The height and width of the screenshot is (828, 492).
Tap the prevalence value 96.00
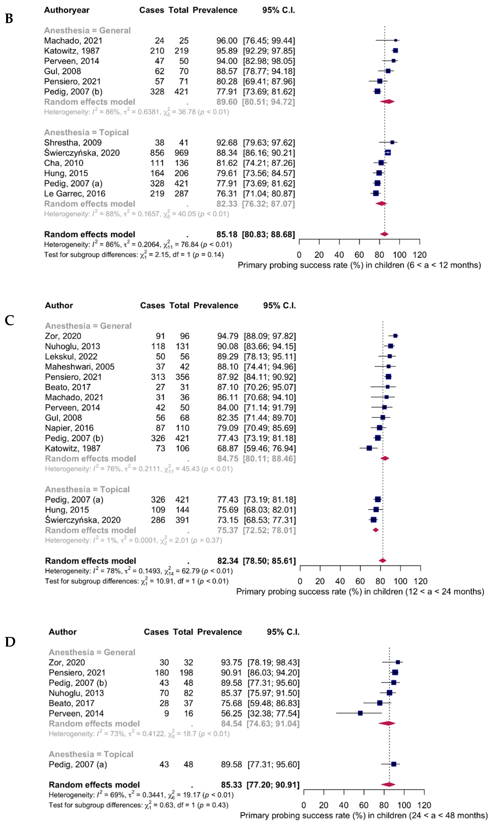pyautogui.click(x=227, y=40)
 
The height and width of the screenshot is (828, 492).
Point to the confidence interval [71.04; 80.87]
pyautogui.click(x=269, y=193)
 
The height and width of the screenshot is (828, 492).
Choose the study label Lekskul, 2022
pyautogui.click(x=71, y=356)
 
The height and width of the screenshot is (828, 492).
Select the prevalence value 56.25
pyautogui.click(x=231, y=713)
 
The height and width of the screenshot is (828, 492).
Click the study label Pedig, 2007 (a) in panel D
pyautogui.click(x=78, y=764)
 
